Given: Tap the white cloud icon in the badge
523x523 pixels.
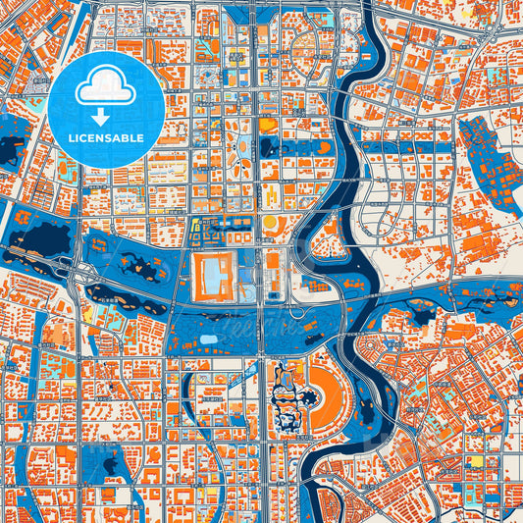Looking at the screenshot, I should pos(106,88).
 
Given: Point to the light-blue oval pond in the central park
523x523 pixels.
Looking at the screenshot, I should pos(208,340).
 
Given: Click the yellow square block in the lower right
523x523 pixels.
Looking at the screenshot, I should pos(476,460).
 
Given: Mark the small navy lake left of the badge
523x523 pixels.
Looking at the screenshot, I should pos(12,150).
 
